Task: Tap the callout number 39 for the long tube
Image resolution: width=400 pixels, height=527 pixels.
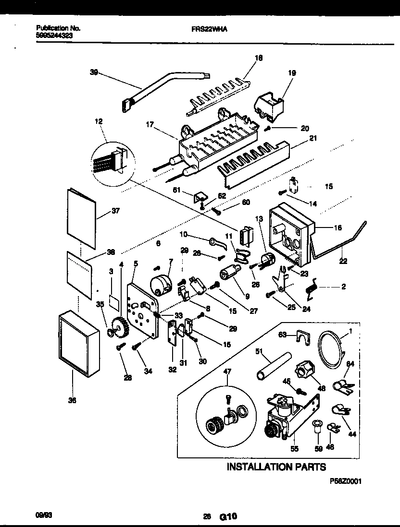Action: pos(94,72)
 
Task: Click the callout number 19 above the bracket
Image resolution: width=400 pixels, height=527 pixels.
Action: pos(292,73)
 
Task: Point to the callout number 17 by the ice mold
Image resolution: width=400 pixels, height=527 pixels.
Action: pos(150,124)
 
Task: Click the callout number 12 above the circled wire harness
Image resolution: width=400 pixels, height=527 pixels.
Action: pos(99,122)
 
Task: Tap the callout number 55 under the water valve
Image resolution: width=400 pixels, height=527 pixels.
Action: pos(295,449)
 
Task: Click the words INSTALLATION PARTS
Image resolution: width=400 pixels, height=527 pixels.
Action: pos(276,467)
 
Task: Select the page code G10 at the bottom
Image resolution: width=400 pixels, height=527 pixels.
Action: pos(228,517)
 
